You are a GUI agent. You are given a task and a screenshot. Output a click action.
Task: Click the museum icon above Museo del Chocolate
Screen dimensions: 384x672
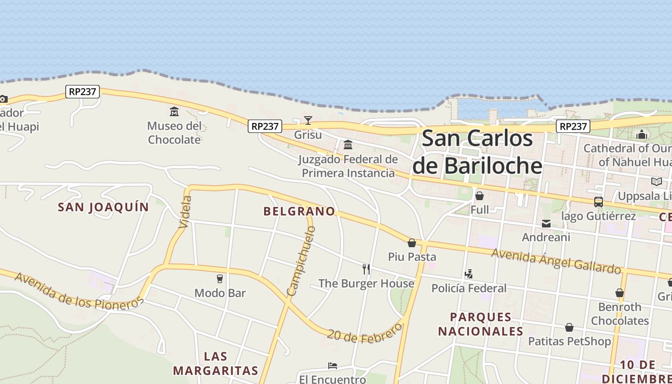(174, 112)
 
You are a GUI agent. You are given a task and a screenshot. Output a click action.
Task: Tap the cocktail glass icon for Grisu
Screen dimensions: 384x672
(308, 120)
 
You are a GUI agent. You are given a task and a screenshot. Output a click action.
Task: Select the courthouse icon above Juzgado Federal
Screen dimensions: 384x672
(348, 144)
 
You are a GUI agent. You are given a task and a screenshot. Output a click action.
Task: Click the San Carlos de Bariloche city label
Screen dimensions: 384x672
(477, 152)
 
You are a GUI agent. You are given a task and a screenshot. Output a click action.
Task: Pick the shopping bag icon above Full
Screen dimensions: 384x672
(479, 196)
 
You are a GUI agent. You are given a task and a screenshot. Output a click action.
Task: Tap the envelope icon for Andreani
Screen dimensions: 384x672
(546, 223)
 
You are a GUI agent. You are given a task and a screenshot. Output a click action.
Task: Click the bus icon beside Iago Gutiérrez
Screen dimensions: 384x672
(598, 202)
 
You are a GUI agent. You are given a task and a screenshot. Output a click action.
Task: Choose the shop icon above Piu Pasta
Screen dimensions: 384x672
(412, 243)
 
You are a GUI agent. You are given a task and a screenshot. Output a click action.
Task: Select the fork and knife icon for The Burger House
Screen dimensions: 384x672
(366, 269)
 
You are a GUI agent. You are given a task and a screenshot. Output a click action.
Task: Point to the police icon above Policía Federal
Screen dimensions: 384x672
(468, 274)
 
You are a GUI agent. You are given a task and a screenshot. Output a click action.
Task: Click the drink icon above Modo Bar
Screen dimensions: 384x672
(220, 278)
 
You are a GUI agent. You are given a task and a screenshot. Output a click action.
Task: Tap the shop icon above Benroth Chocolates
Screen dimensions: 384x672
(620, 293)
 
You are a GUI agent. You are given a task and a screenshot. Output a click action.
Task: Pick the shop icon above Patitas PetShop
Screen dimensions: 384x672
(569, 327)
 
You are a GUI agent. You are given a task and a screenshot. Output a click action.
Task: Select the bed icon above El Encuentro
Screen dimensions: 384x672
(332, 366)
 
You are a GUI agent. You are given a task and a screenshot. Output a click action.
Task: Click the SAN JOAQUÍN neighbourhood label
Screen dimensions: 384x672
(103, 207)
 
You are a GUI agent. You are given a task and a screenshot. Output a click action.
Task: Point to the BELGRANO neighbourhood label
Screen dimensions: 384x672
(299, 211)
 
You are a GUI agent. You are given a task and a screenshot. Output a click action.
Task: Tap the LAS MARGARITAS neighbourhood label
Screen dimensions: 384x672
(216, 363)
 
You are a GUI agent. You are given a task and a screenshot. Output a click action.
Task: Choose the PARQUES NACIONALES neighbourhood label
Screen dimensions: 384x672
(480, 324)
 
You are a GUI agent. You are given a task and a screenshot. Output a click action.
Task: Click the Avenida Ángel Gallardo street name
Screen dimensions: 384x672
(556, 261)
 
